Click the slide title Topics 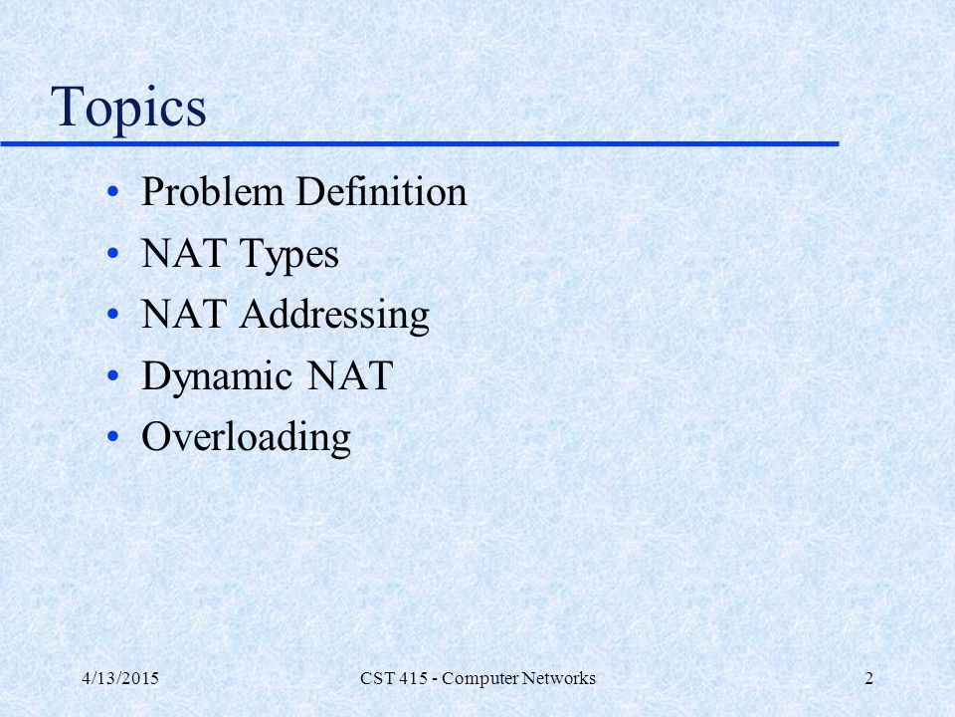click(x=128, y=108)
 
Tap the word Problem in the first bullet click(x=213, y=191)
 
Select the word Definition click(x=382, y=191)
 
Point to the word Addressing click(x=334, y=317)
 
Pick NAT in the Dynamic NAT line click(x=349, y=375)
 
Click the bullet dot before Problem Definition click(x=112, y=192)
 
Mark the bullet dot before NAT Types click(x=112, y=253)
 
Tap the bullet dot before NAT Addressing click(x=112, y=315)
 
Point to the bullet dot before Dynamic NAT click(x=112, y=375)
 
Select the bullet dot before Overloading click(x=112, y=436)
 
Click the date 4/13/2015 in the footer click(x=120, y=678)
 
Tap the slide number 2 click(x=869, y=678)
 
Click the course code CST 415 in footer click(x=394, y=678)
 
